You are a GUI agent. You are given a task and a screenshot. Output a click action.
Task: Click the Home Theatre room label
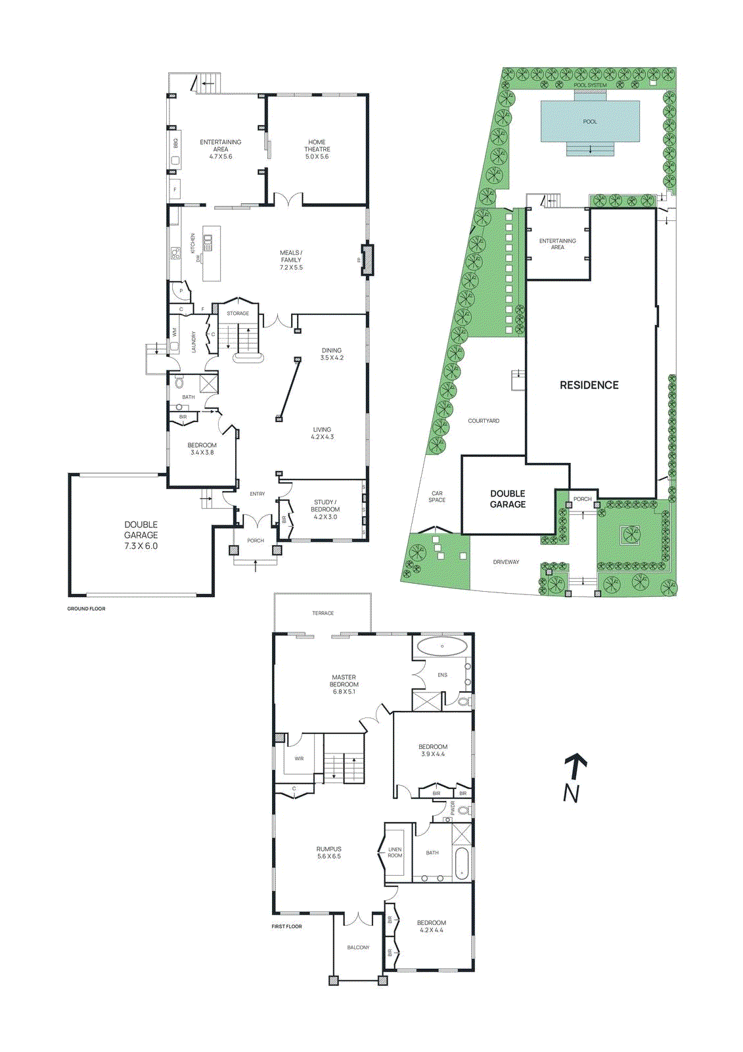[317, 149]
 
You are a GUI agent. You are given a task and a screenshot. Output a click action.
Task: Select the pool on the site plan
[590, 122]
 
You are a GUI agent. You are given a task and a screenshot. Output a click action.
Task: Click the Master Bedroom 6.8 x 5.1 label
[344, 684]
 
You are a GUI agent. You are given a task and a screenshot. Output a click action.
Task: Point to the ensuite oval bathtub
[442, 646]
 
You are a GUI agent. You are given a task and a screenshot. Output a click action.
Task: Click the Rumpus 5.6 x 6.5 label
[328, 853]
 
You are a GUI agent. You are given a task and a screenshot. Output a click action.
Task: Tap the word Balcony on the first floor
[358, 947]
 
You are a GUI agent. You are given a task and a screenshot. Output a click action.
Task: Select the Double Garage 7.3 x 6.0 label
[141, 535]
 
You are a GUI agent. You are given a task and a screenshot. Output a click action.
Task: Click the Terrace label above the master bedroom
[323, 613]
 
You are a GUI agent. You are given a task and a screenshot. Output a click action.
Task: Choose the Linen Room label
[395, 853]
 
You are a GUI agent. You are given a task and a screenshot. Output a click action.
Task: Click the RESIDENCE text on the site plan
[589, 385]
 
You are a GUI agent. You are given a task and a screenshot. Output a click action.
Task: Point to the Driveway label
[506, 562]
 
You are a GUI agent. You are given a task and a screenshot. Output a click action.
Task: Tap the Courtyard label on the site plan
[484, 421]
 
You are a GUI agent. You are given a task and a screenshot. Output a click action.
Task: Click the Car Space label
[437, 496]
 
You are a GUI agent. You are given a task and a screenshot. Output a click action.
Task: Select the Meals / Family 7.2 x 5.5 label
[291, 260]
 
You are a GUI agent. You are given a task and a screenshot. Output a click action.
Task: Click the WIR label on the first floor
[299, 759]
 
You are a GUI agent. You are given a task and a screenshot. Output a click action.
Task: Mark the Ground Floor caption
[86, 609]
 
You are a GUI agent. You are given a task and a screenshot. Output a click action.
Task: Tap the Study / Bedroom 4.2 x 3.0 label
[325, 510]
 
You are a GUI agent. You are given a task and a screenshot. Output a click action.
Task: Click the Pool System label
[590, 85]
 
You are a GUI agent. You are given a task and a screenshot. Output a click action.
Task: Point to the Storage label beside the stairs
[238, 314]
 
